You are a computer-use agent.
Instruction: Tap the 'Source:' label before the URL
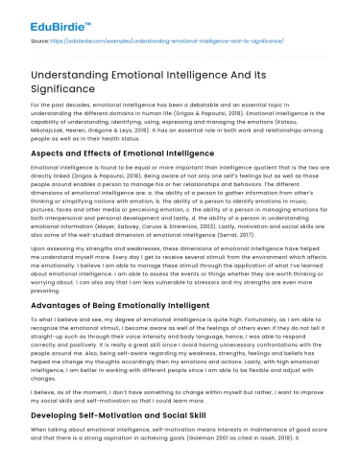coord(41,44)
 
